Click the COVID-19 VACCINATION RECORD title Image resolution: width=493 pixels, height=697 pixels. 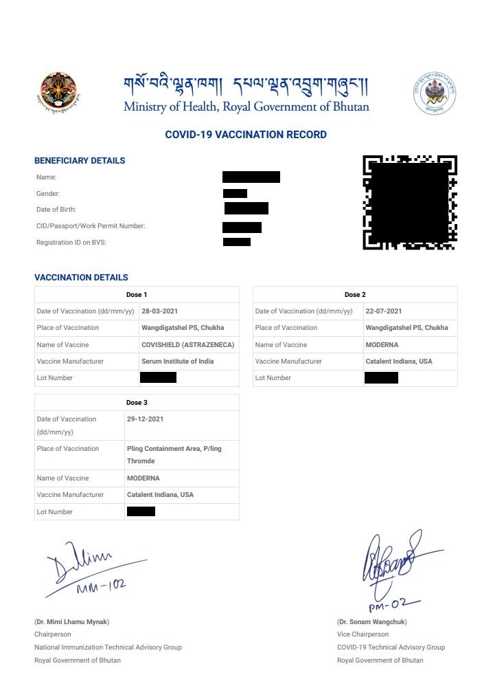coord(246,135)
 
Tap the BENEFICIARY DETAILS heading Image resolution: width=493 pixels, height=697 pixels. coord(80,161)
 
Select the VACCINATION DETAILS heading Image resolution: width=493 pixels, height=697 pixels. coord(81,278)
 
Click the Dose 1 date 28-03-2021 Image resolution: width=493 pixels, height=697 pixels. coord(160,311)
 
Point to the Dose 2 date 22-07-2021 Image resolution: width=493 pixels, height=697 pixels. coord(384,311)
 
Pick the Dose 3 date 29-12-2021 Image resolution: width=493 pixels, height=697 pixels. coord(146,419)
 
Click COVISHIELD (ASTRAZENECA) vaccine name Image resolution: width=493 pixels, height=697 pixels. coord(187,345)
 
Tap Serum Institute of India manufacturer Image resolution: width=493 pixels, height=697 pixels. coord(177,362)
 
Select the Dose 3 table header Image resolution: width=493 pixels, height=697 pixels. coord(137,403)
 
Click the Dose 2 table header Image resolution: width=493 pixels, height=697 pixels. coord(355,295)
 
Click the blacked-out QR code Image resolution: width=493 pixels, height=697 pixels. coord(410,202)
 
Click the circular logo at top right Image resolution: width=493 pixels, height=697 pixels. coord(435,93)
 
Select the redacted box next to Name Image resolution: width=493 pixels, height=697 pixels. coord(251,177)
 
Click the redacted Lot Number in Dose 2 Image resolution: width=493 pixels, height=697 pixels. coord(381,378)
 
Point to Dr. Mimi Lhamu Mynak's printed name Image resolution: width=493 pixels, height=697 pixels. coord(72,622)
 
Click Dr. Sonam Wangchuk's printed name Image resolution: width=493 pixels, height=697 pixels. coord(371,622)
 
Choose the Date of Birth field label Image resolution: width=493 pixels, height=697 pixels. coord(56,210)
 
